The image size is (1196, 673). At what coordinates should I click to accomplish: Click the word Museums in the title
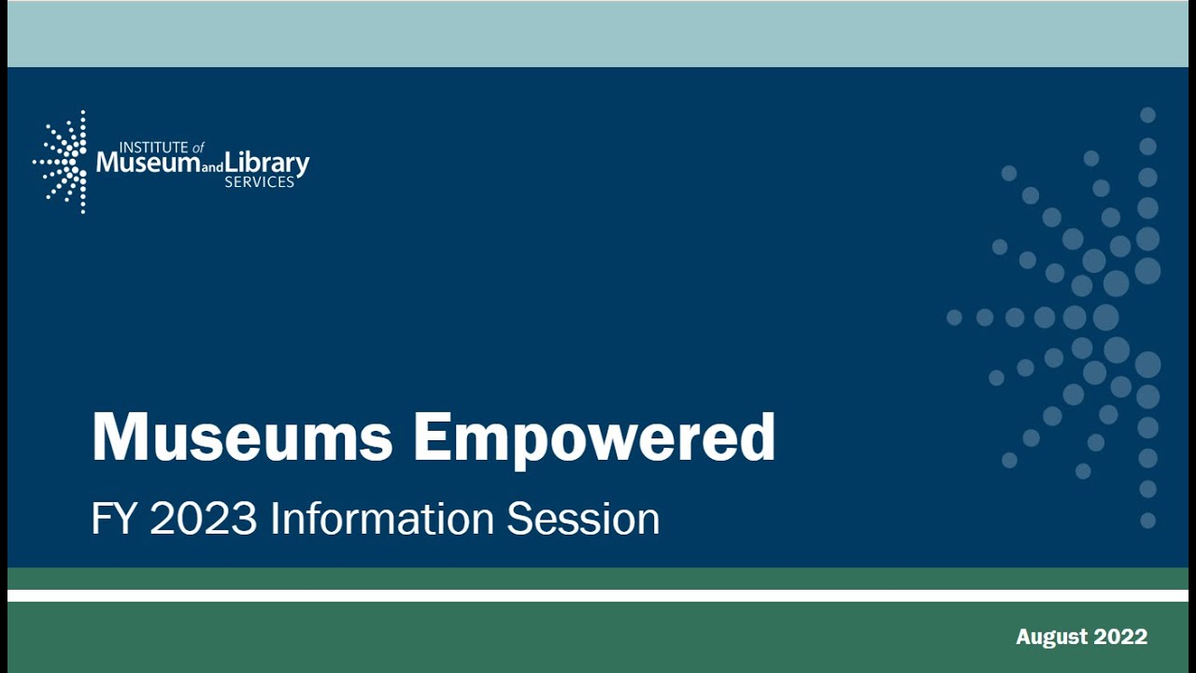[x=242, y=437]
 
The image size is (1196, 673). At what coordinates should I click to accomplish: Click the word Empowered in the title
[x=594, y=437]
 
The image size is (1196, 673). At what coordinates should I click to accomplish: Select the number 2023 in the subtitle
[x=203, y=519]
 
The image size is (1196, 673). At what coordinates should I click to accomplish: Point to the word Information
[x=382, y=519]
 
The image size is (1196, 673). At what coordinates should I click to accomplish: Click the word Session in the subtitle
[x=583, y=519]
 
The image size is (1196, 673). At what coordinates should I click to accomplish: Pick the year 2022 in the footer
[x=1118, y=637]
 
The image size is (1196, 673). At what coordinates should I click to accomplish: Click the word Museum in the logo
[x=148, y=164]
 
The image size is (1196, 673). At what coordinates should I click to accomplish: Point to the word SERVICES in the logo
[x=259, y=182]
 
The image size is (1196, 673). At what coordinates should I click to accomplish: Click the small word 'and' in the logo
[x=212, y=168]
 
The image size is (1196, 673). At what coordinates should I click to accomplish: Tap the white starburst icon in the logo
[x=63, y=162]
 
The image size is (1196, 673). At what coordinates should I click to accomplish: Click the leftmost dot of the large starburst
[x=954, y=318]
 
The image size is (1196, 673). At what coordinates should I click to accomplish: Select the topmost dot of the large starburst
[x=1147, y=115]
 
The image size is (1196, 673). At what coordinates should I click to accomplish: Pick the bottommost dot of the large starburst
[x=1147, y=520]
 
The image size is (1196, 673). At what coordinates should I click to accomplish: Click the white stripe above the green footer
[x=598, y=595]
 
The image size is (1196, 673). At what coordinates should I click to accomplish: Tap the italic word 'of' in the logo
[x=197, y=147]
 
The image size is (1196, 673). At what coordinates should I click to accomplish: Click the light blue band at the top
[x=598, y=34]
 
